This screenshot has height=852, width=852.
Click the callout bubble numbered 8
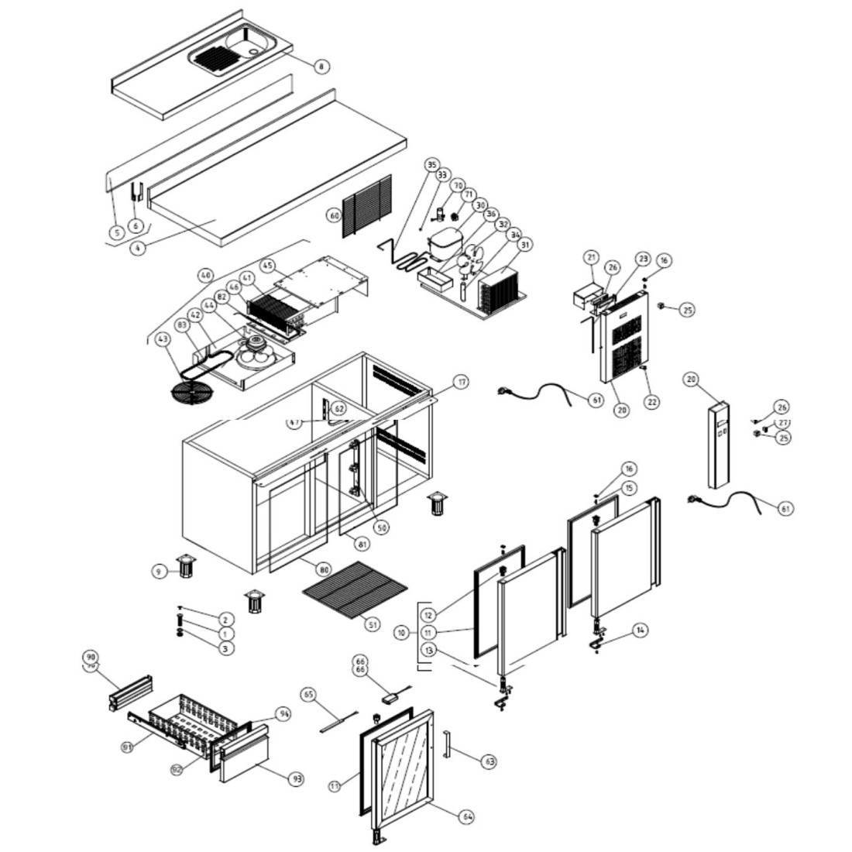coord(321,67)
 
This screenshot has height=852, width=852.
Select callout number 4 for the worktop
coord(137,249)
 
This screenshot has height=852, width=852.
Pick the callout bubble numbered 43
coord(161,339)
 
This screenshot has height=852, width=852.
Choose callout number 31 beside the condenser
coord(525,246)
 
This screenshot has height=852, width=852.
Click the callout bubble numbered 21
coord(592,257)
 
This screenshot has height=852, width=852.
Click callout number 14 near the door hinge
coord(639,630)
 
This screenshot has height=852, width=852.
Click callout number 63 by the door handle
coord(489,762)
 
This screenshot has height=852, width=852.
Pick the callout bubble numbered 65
coord(309,695)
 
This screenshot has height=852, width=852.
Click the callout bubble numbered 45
coord(267,265)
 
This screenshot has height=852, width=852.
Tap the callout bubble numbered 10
coord(401,633)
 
